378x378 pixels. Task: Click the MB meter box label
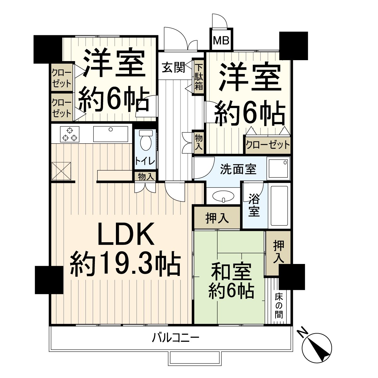(x=221, y=40)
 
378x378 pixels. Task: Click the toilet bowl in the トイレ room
(x=146, y=142)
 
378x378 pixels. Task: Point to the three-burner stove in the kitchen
(x=69, y=134)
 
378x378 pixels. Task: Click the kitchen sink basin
(x=110, y=134)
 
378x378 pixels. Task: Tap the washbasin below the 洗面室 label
(x=223, y=196)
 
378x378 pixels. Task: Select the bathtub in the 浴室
(x=279, y=206)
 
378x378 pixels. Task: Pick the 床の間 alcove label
(x=278, y=306)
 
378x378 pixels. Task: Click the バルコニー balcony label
(x=176, y=338)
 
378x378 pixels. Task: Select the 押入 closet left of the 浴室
(x=217, y=218)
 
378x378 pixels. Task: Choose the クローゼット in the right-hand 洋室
(x=267, y=145)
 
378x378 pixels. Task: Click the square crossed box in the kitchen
(x=61, y=170)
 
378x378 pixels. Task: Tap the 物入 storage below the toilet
(x=146, y=177)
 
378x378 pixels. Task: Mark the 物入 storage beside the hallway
(x=198, y=142)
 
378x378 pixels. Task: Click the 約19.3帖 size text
(x=125, y=264)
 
